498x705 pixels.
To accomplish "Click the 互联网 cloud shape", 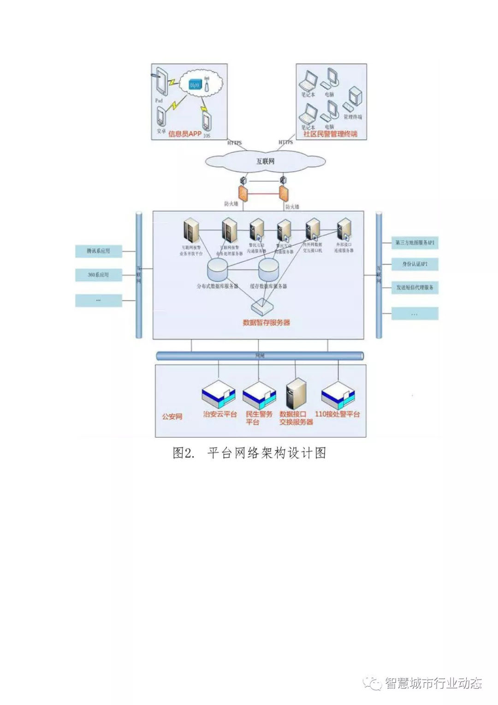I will point(265,161).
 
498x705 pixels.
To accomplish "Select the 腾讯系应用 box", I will point(98,251).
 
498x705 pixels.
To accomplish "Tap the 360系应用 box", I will point(98,275).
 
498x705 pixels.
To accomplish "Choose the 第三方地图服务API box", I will point(415,242).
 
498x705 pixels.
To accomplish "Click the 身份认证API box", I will point(415,264).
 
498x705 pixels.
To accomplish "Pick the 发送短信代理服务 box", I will point(415,287).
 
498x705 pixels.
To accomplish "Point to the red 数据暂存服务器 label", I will point(266,322).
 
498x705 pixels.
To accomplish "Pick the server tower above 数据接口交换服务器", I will point(296,394).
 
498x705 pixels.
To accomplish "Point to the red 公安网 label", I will point(172,416).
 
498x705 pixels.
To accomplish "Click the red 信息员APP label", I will point(184,134).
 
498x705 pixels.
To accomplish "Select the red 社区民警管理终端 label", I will point(330,134).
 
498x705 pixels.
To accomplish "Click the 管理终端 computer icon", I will point(355,98).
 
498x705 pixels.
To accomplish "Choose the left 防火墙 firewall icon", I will point(243,193).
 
